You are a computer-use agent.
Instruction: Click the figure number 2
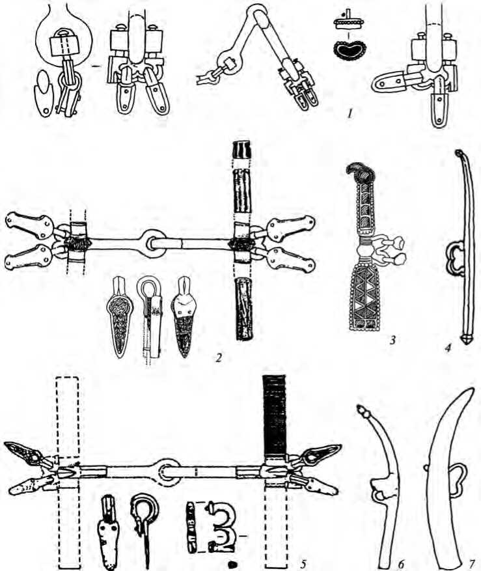pos(223,357)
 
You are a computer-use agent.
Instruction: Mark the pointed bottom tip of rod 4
pos(465,340)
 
